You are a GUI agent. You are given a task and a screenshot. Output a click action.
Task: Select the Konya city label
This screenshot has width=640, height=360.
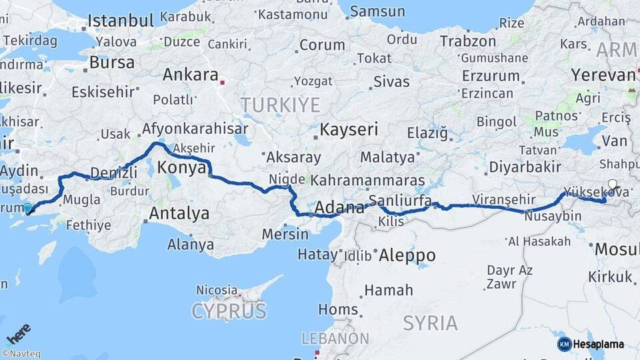pyautogui.click(x=182, y=167)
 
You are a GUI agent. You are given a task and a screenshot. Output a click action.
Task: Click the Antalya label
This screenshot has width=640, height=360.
pyautogui.click(x=179, y=213)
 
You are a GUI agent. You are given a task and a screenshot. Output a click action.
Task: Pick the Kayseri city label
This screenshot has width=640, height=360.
pyautogui.click(x=349, y=129)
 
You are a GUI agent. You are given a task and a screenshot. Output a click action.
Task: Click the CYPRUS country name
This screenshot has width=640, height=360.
pyautogui.click(x=229, y=311)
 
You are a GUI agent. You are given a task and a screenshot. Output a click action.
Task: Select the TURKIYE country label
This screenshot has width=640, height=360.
pyautogui.click(x=280, y=105)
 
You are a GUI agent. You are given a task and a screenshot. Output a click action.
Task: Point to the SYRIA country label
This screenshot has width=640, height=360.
pyautogui.click(x=430, y=323)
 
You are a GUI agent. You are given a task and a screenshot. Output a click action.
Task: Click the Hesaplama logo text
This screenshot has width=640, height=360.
pyautogui.click(x=598, y=344)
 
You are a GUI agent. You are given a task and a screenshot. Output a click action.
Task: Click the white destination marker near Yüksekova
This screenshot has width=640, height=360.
pyautogui.click(x=612, y=185)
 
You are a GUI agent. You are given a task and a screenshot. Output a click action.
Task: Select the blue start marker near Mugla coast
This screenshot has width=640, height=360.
pyautogui.click(x=27, y=209)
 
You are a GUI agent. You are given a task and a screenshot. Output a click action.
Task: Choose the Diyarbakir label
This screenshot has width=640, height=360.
pyautogui.click(x=523, y=167)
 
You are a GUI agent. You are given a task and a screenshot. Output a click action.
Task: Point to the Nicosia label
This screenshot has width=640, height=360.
pyautogui.click(x=217, y=290)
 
